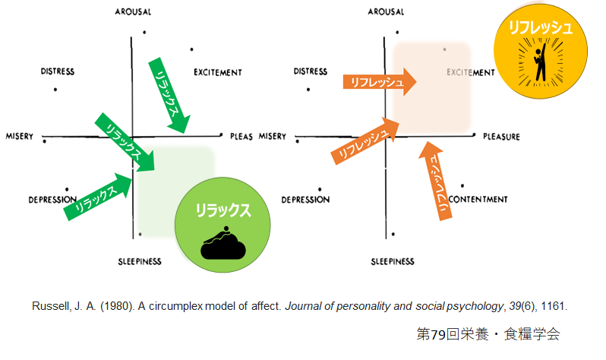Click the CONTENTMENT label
tap(478, 200)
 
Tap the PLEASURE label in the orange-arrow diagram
tap(501, 137)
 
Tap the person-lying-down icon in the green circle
tap(223, 242)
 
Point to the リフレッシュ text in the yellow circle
tap(540, 28)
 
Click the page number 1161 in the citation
tap(555, 307)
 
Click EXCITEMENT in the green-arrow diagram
tap(217, 73)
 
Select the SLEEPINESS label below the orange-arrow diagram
tap(393, 261)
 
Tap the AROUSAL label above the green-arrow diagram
tap(133, 12)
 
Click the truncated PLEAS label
tap(241, 137)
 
